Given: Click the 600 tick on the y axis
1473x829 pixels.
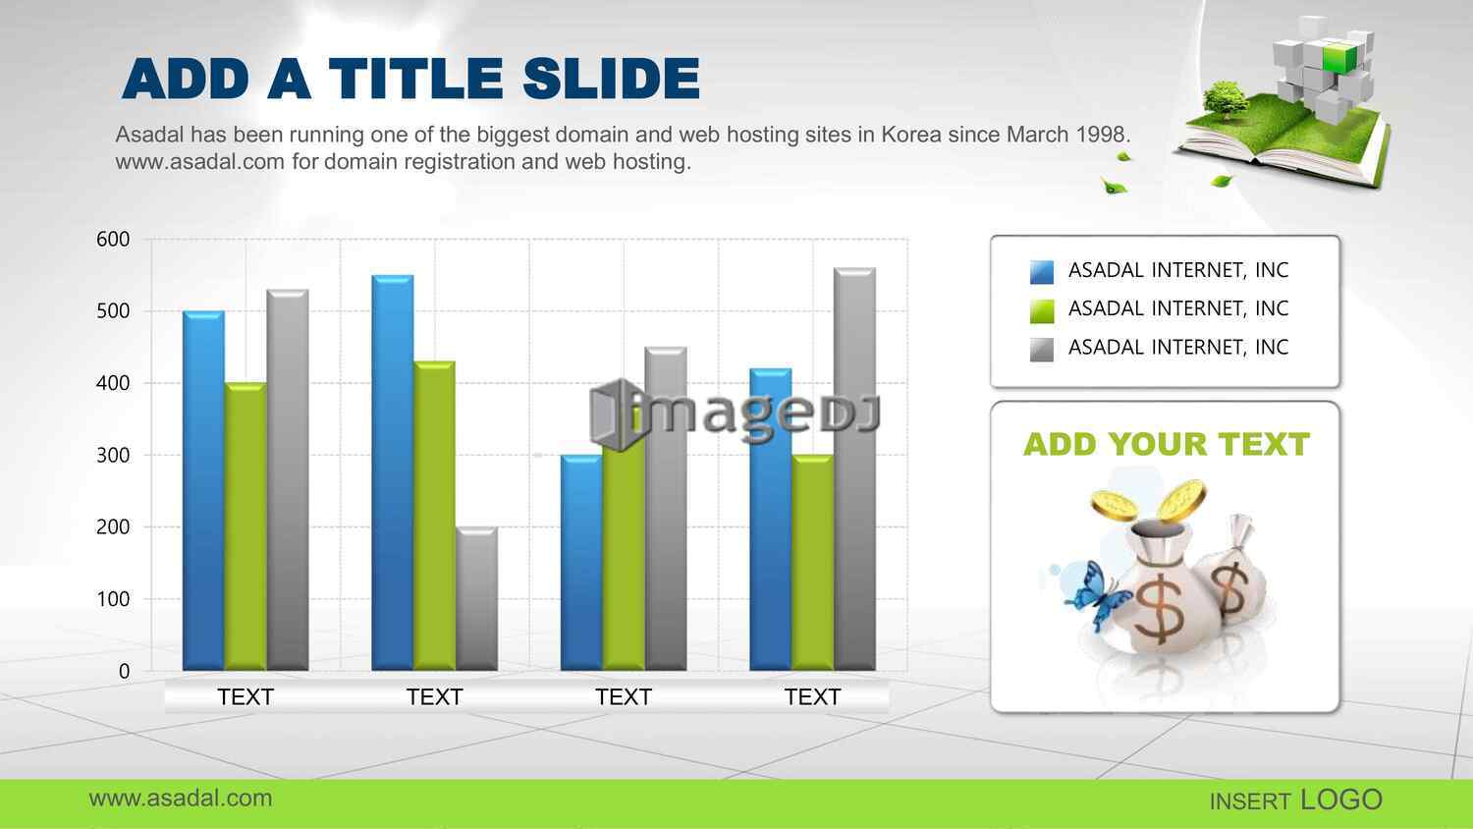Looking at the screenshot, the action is (x=113, y=239).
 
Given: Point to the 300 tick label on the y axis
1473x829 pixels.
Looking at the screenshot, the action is (x=113, y=456).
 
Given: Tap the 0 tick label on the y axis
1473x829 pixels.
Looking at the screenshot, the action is (x=125, y=671).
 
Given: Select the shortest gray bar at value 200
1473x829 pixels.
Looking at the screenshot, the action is (x=476, y=599).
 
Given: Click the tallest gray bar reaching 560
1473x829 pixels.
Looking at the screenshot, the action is (x=855, y=470).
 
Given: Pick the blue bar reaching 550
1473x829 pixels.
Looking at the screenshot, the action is (x=393, y=473).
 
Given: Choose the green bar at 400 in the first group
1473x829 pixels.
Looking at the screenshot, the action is (x=245, y=526).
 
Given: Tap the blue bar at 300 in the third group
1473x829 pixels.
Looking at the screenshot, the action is (x=581, y=563).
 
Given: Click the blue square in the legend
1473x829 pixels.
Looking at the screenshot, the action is (x=1042, y=272).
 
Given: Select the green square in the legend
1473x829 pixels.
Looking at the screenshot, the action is (x=1042, y=311).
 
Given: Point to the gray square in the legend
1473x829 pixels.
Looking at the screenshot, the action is (x=1042, y=350).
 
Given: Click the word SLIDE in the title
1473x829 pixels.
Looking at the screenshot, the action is (x=611, y=79).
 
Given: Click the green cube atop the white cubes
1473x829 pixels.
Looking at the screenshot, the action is (x=1339, y=57).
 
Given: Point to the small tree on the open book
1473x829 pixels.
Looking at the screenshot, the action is (x=1225, y=100).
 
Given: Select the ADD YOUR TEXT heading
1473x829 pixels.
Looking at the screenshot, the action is (x=1167, y=444).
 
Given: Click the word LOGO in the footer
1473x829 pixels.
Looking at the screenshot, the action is (x=1341, y=801).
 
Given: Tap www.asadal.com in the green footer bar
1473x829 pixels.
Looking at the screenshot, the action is (x=180, y=799).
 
